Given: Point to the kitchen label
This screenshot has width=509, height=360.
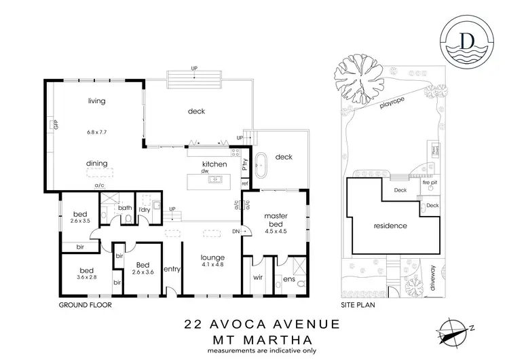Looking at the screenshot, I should point(214,164).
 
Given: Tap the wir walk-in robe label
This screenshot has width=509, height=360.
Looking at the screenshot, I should point(257,278).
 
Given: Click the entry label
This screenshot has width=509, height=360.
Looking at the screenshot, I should point(171,268).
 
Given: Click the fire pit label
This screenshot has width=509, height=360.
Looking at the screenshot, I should point(429,182).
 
